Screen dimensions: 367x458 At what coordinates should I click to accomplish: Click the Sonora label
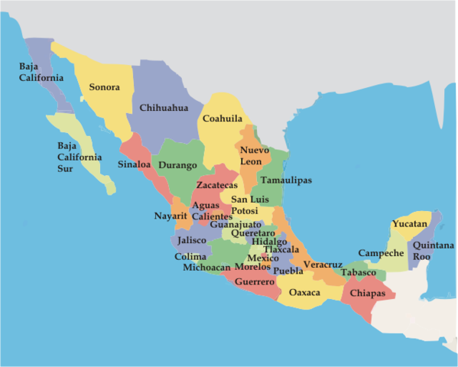click(x=104, y=87)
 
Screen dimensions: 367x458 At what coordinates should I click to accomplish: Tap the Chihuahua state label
click(x=164, y=108)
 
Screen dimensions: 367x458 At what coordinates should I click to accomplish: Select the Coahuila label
click(x=223, y=119)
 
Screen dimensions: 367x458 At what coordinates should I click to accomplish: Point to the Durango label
click(x=178, y=164)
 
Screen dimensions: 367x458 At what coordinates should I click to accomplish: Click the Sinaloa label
click(x=135, y=164)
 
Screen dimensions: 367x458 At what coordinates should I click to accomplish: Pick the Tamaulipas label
click(x=286, y=180)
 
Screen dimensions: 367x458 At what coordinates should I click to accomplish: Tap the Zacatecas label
click(x=217, y=185)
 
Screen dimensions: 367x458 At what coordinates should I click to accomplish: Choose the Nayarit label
click(x=171, y=216)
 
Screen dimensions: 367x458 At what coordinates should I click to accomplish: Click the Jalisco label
click(x=191, y=240)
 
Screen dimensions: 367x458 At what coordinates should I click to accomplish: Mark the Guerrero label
click(x=255, y=282)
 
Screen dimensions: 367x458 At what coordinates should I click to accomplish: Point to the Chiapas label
click(x=367, y=293)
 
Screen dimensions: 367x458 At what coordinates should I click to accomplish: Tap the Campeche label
click(x=381, y=253)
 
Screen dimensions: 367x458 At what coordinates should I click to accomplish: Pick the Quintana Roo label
click(x=433, y=251)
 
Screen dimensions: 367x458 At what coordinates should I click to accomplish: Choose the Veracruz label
click(x=322, y=265)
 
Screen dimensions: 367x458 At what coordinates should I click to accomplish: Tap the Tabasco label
click(x=358, y=273)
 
